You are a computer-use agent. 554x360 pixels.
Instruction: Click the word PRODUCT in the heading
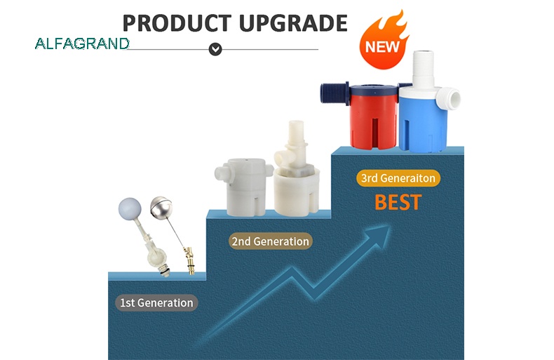(x=177, y=23)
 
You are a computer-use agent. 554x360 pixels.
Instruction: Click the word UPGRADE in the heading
(x=293, y=23)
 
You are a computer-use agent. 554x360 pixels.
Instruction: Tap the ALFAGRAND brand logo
(x=82, y=44)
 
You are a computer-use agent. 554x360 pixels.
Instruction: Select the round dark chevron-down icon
(x=215, y=49)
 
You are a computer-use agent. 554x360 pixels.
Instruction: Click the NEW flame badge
(x=384, y=41)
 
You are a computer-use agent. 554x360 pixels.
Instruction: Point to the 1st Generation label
(x=156, y=302)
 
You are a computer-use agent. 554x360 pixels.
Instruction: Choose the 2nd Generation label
(x=270, y=241)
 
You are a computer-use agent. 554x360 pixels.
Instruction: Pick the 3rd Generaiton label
(x=398, y=178)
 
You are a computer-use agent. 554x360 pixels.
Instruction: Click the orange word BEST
(x=398, y=202)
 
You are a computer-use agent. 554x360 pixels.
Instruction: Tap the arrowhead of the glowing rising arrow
(x=379, y=236)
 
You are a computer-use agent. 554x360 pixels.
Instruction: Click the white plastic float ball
(x=130, y=208)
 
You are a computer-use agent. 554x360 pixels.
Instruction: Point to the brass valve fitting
(x=189, y=260)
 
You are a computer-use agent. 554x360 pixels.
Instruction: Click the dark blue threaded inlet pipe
(x=335, y=93)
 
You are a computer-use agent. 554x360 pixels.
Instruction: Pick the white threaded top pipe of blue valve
(x=423, y=69)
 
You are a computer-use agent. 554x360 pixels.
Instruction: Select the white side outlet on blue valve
(x=448, y=98)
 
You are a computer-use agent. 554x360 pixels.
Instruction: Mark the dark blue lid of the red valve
(x=374, y=90)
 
